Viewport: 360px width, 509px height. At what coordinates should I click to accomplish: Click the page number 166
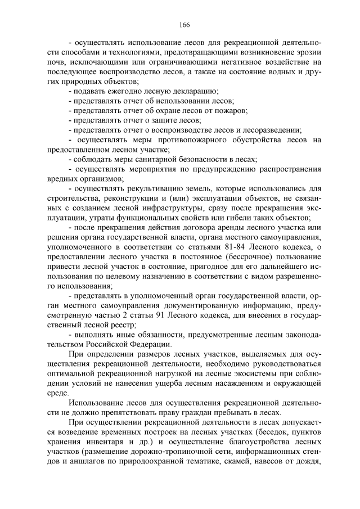coord(184,24)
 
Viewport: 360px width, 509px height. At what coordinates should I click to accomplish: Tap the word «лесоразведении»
coord(268,129)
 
